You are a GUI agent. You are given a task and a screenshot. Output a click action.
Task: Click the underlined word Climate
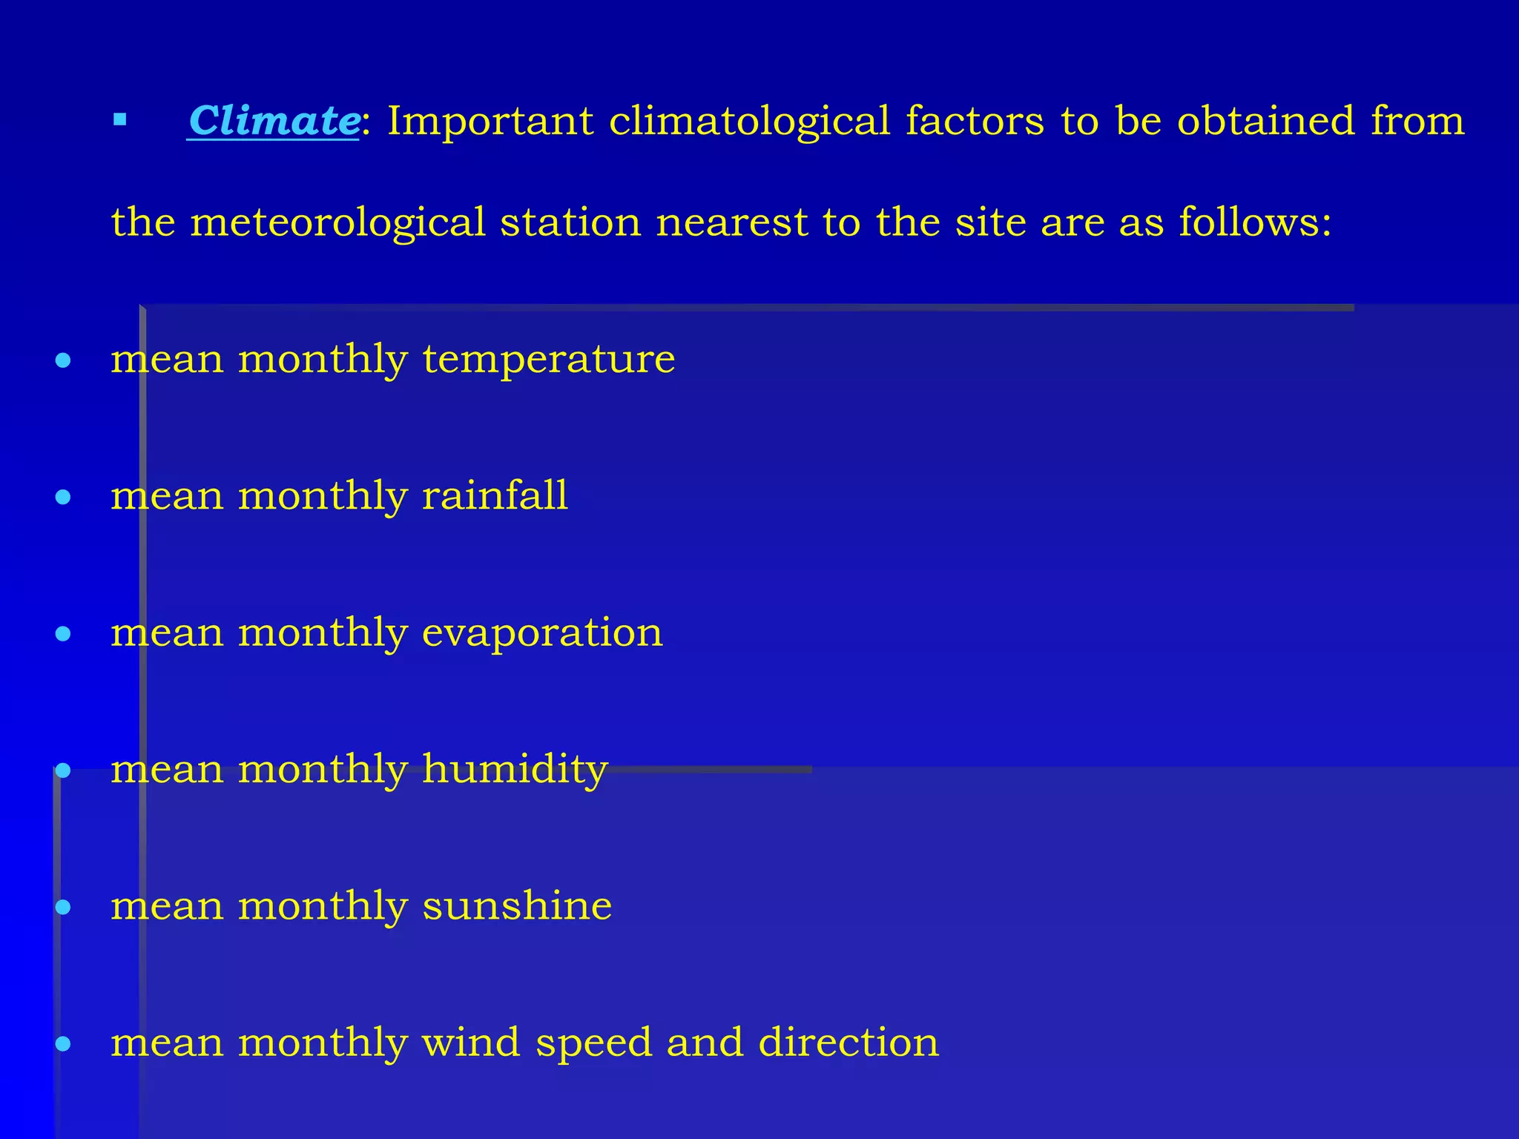[x=274, y=121]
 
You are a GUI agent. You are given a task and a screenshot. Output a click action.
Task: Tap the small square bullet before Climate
[x=120, y=119]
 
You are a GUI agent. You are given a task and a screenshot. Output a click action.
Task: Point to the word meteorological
[x=337, y=222]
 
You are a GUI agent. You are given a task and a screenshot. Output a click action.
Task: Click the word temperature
[x=549, y=360]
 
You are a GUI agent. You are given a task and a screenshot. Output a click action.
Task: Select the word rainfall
[x=495, y=495]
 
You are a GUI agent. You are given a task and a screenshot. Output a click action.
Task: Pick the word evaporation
[x=542, y=633]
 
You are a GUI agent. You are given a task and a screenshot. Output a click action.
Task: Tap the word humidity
[x=515, y=769]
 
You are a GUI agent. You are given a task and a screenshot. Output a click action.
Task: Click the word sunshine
[x=517, y=905]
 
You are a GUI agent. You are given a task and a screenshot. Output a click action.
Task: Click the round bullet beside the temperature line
[x=63, y=361]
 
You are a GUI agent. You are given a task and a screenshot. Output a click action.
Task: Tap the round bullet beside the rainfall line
[x=63, y=497]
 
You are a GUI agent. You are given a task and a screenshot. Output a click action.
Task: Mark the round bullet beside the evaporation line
[x=63, y=634]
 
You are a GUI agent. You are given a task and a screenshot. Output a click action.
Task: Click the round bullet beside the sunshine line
[x=63, y=907]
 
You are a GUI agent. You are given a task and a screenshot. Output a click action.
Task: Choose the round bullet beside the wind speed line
[x=63, y=1044]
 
